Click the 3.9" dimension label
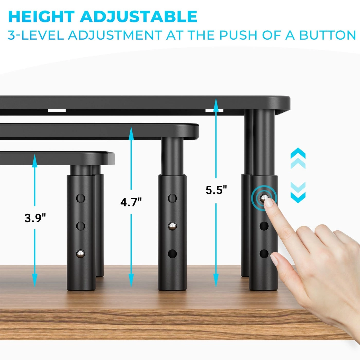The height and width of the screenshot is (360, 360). (x=35, y=218)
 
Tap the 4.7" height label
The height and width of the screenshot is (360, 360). (x=131, y=202)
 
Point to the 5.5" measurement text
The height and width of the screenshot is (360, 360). (x=216, y=190)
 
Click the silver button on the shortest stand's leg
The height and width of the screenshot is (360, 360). (x=80, y=254)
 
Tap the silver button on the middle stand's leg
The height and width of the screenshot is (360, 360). (x=172, y=226)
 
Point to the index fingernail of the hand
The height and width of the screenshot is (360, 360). (x=269, y=203)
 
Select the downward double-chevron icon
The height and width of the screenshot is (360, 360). (x=298, y=193)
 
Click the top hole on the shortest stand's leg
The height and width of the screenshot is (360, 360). (x=80, y=198)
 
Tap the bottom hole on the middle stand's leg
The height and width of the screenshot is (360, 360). (x=172, y=254)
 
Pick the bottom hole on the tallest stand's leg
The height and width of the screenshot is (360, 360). (x=264, y=254)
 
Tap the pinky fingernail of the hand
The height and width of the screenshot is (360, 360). (x=275, y=259)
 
